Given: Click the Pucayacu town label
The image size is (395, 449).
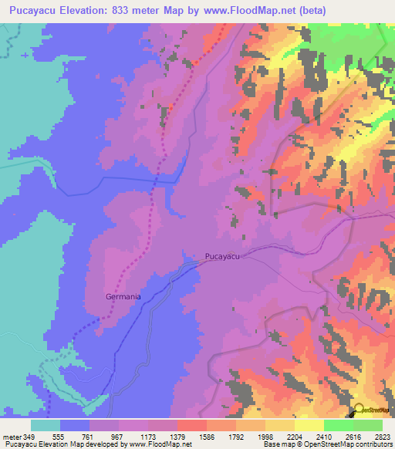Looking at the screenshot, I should [228, 256].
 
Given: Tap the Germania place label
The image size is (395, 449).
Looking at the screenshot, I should [123, 296].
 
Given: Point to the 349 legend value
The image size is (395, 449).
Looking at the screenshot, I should [30, 437].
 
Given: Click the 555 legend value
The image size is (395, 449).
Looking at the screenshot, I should [59, 437].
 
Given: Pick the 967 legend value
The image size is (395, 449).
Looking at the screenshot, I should [118, 437].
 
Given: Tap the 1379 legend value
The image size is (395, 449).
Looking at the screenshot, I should [177, 437].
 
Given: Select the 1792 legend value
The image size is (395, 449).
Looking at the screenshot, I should [236, 437].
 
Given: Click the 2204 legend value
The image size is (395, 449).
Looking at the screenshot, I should [295, 437].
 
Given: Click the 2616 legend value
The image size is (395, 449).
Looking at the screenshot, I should [354, 437].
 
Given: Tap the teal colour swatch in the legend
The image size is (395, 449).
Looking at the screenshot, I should [45, 425].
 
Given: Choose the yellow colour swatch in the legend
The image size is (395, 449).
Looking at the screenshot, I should [309, 425].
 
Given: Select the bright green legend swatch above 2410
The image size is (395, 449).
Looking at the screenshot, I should [339, 425].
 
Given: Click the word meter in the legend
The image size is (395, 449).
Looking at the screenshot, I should [12, 437].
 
